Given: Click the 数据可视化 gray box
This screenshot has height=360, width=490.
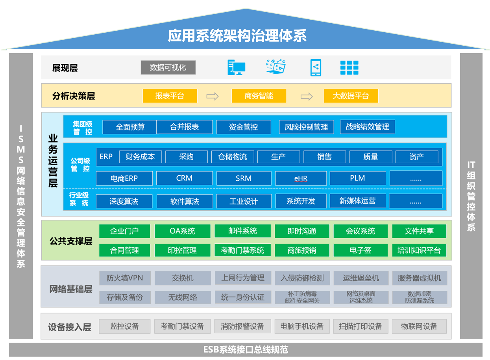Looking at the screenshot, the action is point(168,67).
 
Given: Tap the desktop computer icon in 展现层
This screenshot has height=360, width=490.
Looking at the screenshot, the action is point(236,67).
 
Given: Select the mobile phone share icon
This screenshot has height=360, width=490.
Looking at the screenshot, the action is point(316,67).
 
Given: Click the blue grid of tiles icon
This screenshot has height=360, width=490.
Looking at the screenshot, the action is point(349,68).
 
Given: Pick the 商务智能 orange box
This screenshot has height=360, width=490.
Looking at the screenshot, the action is point(259,96).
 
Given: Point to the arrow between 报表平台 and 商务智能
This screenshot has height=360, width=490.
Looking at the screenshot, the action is point(213,96).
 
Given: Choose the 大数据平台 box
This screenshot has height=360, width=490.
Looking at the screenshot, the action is point(351,96).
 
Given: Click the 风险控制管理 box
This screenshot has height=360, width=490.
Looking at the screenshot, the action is point(306,127).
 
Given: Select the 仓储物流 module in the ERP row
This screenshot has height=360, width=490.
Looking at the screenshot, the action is point(233,157).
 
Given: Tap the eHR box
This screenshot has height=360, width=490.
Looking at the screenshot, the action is point(301,178).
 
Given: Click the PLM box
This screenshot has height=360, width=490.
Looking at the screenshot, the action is point(358,178).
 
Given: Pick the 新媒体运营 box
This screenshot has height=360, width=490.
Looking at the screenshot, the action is point(358,201).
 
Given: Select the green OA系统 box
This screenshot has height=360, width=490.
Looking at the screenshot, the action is point(183,231).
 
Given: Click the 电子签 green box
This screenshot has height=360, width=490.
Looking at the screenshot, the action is point(361,250).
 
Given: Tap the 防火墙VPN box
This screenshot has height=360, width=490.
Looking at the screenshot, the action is point(125,278).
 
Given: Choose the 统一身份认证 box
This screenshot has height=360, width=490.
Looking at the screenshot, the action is point(243,297).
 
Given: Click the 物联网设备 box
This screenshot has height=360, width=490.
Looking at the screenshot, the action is point(419,326).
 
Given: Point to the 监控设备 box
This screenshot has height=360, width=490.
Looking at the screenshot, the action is point(125,326).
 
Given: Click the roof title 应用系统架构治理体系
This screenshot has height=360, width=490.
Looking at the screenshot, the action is point(237,35).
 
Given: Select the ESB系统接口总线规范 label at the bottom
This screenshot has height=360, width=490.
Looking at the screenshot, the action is point(246,349).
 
